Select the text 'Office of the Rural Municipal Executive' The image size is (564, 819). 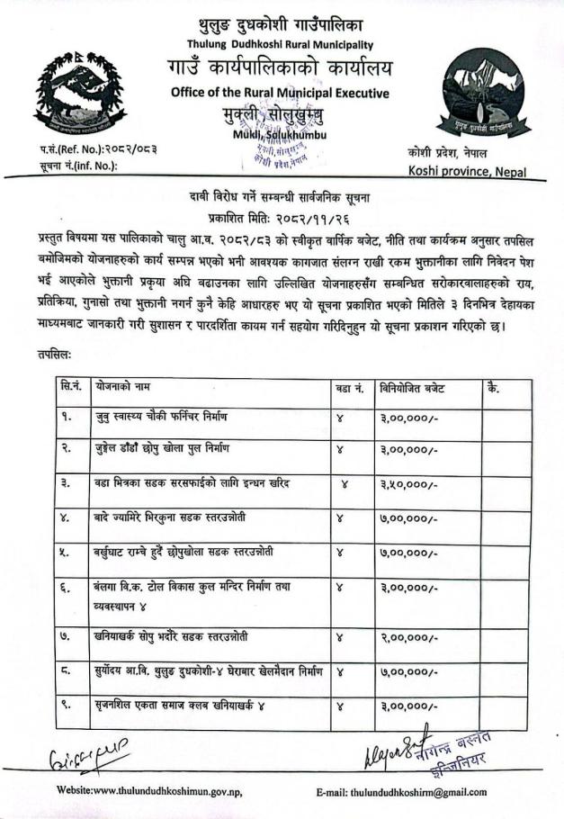click(280, 93)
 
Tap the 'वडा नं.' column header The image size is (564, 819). click(349, 388)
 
